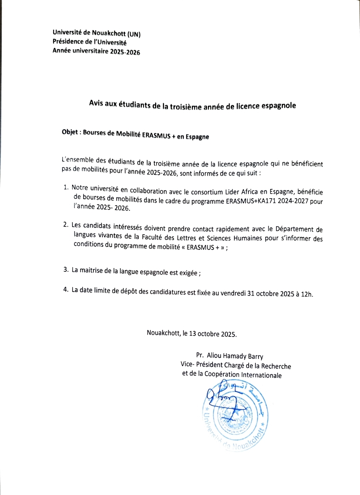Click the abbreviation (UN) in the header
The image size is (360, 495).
pyautogui.click(x=134, y=34)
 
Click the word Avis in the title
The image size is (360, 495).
pyautogui.click(x=96, y=103)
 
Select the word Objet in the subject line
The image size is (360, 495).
pyautogui.click(x=70, y=132)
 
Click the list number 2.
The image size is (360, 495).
pyautogui.click(x=66, y=225)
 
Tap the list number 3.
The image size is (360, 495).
pyautogui.click(x=66, y=269)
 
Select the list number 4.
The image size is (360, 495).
pyautogui.click(x=66, y=289)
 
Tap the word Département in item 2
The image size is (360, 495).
pyautogui.click(x=294, y=229)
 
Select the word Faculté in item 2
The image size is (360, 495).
pyautogui.click(x=152, y=237)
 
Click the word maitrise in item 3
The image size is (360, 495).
pyautogui.click(x=91, y=270)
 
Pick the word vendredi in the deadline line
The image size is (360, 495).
pyautogui.click(x=233, y=293)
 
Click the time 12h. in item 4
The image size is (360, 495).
pyautogui.click(x=307, y=294)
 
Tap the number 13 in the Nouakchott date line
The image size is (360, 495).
pyautogui.click(x=192, y=333)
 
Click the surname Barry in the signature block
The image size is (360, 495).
pyautogui.click(x=255, y=356)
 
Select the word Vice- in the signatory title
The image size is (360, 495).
pyautogui.click(x=187, y=364)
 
